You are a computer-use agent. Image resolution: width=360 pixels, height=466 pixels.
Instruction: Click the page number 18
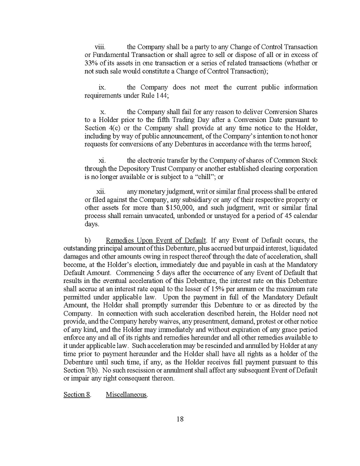[x=180, y=419]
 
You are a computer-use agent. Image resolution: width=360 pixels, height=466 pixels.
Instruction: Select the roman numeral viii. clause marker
[x=100, y=46]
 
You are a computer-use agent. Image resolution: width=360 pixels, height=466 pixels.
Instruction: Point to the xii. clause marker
[x=101, y=192]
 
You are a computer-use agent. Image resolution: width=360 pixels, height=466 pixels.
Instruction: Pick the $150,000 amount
[x=186, y=208]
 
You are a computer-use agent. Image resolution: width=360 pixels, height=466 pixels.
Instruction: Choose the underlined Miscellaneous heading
[x=126, y=395]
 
